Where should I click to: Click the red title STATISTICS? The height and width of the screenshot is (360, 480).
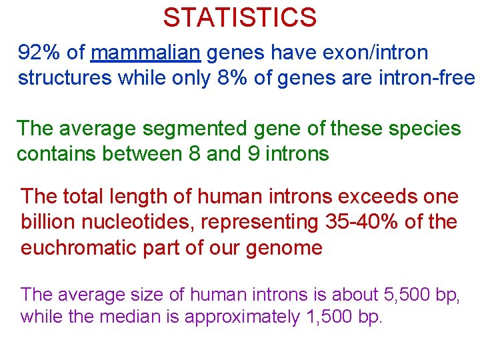(x=239, y=17)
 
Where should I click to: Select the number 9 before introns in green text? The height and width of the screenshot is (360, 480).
(x=253, y=154)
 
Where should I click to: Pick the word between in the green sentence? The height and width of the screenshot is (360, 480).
(x=140, y=154)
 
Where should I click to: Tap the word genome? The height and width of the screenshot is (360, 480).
(x=286, y=248)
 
